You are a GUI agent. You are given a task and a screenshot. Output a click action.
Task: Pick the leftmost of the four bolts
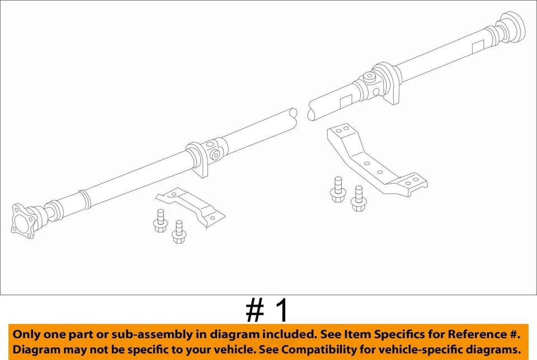click(158, 221)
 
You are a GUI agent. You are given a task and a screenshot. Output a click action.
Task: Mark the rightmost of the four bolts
click(358, 199)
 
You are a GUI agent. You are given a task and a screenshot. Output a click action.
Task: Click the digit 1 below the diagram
click(283, 311)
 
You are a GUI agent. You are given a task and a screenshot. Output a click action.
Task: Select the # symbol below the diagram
click(255, 311)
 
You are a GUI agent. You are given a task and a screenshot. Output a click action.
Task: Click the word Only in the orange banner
click(29, 334)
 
